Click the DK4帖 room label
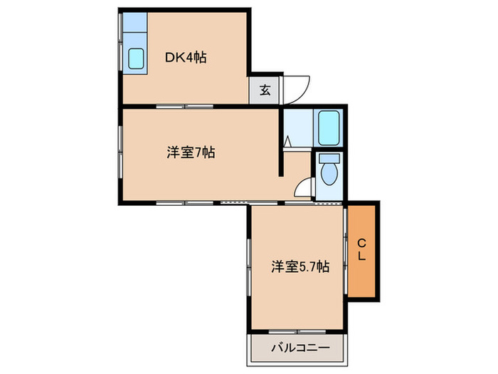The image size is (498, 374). point(187,58)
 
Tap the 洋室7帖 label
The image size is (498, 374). point(191,152)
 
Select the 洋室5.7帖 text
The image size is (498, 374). point(300,267)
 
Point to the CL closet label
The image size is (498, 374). point(361,249)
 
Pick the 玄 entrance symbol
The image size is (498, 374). point(264,90)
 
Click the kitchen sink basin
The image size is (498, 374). point(136,58)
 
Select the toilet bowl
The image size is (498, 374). point(329,172)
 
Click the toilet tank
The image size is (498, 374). point(329,158)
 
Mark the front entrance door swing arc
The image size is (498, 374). point(293,88)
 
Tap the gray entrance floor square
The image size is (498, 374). point(264,90)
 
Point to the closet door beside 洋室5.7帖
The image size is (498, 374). point(346,249)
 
